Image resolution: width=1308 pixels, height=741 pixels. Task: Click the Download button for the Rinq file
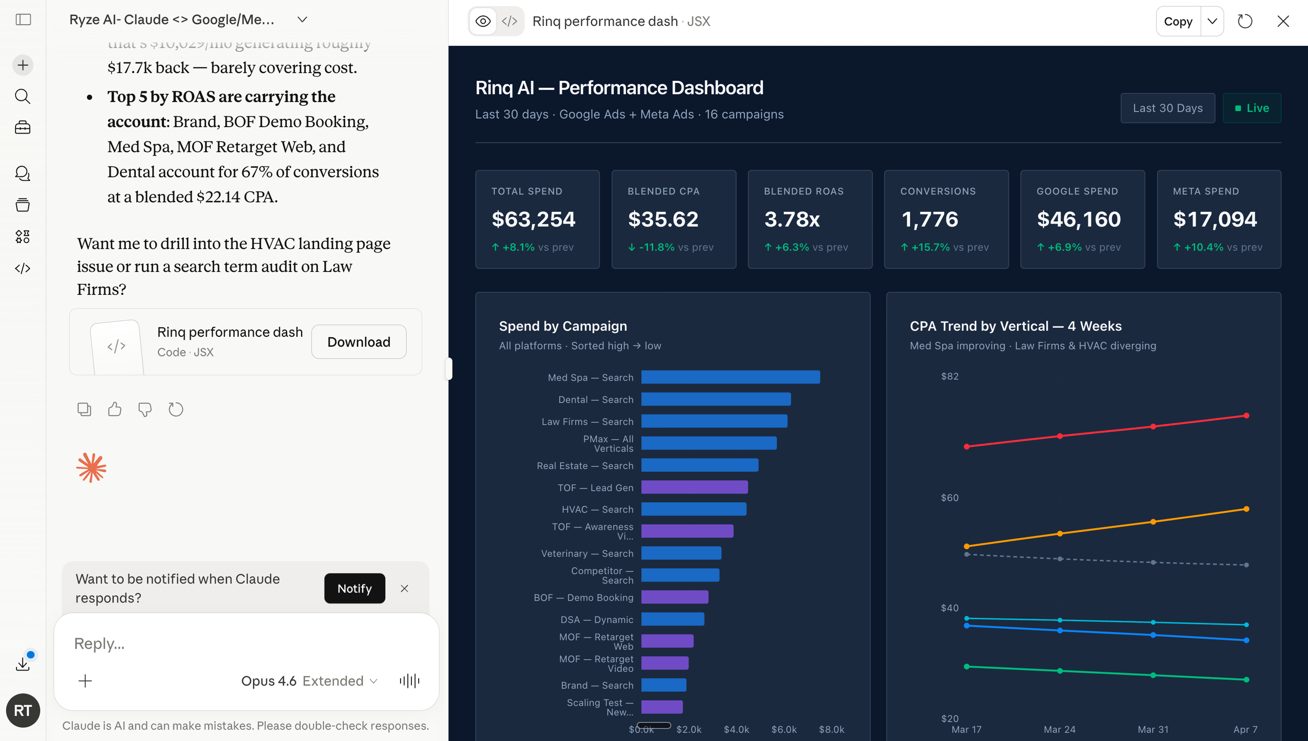(x=359, y=342)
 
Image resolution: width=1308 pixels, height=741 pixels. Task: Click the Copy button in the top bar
(x=1178, y=21)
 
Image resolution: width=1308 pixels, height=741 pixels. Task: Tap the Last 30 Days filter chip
(x=1167, y=108)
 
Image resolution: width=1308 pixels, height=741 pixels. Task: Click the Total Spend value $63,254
(x=533, y=219)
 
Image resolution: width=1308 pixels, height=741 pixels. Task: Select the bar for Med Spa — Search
(x=730, y=377)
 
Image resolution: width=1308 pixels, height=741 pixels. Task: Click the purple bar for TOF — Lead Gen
(x=694, y=488)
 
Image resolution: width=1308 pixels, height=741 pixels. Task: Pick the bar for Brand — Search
(x=664, y=685)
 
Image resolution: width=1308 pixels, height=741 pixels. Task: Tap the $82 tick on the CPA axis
(x=949, y=377)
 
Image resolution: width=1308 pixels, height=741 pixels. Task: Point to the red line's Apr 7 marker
(x=1246, y=416)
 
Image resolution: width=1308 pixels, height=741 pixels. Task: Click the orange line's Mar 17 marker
(x=966, y=546)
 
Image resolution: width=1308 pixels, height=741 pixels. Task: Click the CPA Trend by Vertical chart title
(x=1015, y=326)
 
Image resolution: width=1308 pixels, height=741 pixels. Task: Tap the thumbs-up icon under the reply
(x=115, y=409)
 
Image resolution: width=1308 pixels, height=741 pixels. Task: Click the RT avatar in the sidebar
(x=23, y=710)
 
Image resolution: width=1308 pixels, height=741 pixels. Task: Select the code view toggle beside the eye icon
(x=509, y=21)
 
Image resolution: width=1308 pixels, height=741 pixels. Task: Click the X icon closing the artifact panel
(x=1282, y=21)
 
